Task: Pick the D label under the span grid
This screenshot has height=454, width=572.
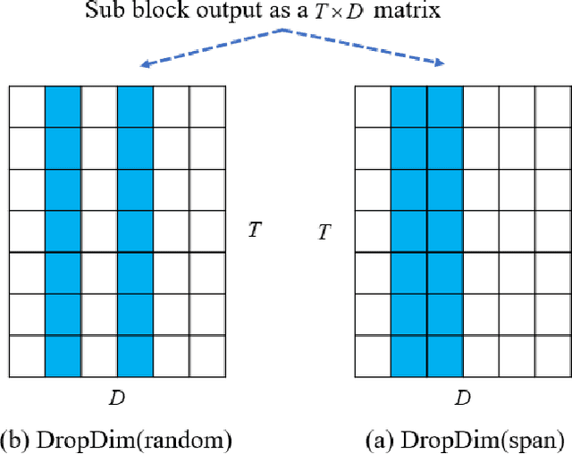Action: [x=462, y=395]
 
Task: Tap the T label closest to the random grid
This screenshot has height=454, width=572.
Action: [x=254, y=230]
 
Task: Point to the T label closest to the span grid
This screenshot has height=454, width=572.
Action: [x=326, y=233]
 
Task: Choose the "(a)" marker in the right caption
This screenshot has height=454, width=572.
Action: [x=382, y=439]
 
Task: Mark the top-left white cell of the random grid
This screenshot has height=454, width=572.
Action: [x=27, y=106]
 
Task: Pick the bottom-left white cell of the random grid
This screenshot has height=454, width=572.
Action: [x=27, y=356]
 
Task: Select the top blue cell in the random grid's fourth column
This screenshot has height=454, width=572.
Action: [x=135, y=106]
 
